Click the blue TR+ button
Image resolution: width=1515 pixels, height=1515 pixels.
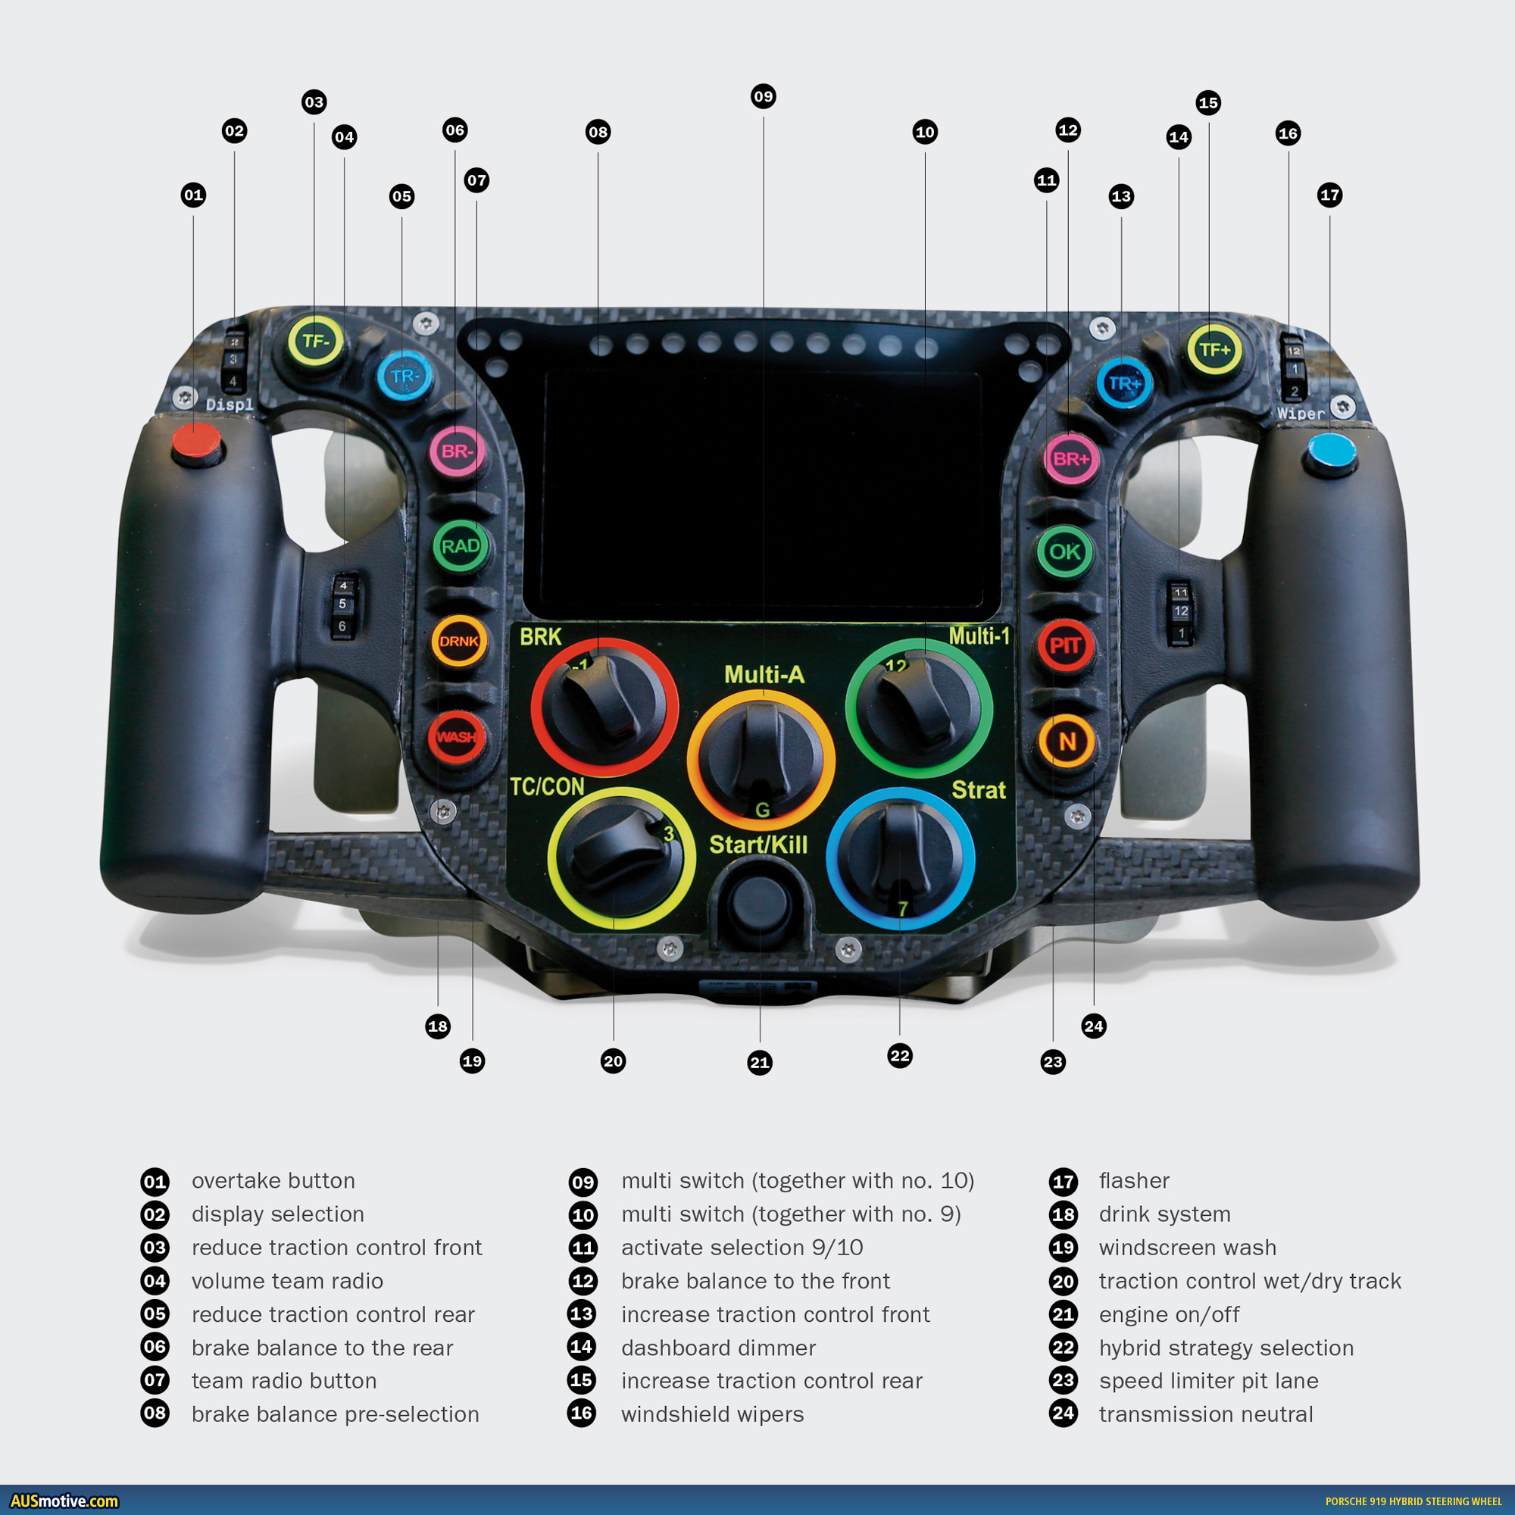tap(1123, 384)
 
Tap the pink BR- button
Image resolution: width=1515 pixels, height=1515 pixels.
tap(458, 451)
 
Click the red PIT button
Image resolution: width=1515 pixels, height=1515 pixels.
tap(1065, 646)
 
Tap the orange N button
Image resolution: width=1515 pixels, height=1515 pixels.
tap(1067, 741)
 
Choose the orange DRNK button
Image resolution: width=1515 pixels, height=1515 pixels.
tap(459, 642)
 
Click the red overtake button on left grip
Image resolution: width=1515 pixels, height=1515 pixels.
tap(197, 444)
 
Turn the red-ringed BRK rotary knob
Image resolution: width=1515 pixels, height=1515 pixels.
tap(604, 707)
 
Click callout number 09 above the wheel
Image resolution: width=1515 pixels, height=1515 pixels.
tap(763, 97)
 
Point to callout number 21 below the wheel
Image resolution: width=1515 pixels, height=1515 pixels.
tap(759, 1063)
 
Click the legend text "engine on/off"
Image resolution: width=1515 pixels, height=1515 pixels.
tap(1168, 1314)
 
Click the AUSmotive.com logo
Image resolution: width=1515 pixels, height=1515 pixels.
tap(64, 1501)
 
